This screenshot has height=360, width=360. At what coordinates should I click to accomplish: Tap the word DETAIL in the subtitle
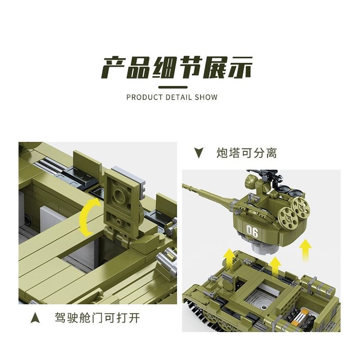tap(180, 97)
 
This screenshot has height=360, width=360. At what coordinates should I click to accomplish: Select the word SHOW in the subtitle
tap(206, 97)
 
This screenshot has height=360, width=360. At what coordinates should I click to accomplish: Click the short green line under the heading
tap(175, 86)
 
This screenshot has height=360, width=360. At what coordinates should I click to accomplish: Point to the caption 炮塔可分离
tap(246, 153)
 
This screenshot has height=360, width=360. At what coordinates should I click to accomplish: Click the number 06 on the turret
tap(252, 232)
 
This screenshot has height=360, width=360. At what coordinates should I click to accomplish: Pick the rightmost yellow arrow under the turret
tap(306, 248)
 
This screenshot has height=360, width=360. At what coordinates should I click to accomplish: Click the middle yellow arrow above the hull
tap(276, 265)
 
